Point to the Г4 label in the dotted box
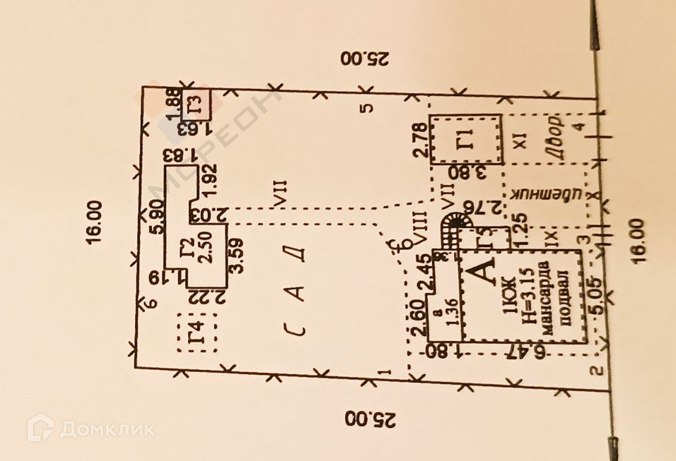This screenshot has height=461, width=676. click(x=196, y=333)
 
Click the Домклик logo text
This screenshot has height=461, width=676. click(x=107, y=429)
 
